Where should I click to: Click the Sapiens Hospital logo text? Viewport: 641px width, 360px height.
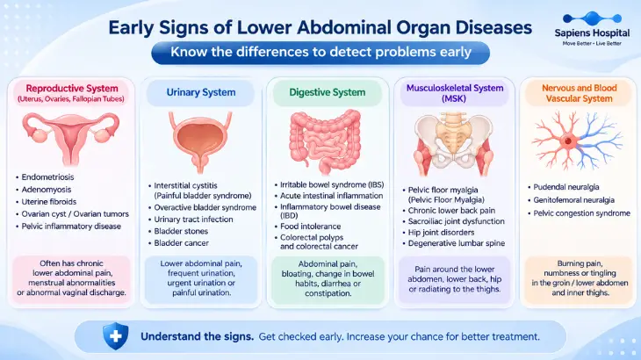pos(592,33)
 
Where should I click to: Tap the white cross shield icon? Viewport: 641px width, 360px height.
pos(116,336)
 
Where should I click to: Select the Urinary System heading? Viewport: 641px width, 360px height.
pos(201,92)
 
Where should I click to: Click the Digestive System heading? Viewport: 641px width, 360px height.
pos(327,92)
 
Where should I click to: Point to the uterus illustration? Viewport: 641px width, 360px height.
pos(71,138)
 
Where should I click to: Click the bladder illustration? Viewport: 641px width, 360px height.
pos(200,141)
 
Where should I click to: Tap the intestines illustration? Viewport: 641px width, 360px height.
pos(326,141)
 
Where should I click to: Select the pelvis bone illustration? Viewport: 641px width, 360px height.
pos(453,143)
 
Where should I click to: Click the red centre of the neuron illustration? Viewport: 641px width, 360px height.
pos(569,141)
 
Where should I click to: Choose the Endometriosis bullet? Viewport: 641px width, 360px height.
pos(47,177)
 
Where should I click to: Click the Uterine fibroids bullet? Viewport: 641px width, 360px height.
pos(48,201)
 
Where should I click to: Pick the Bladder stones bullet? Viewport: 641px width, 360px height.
pos(181,231)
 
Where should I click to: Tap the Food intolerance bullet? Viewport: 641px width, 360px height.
pos(310,226)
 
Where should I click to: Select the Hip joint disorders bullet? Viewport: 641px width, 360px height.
pos(441,232)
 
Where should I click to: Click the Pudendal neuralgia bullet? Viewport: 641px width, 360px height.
pos(566,187)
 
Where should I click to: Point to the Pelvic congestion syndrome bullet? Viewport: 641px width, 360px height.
pos(581,212)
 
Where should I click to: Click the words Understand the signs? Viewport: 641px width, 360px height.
pos(197,336)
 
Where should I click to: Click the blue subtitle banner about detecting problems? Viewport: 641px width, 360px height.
pos(320,53)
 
